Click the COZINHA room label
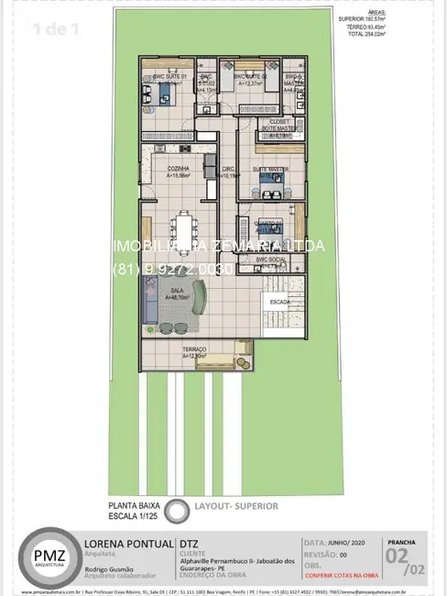tap(179, 169)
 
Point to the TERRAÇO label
tap(194, 349)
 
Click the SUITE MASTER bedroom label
tap(271, 169)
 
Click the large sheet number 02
tap(398, 556)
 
